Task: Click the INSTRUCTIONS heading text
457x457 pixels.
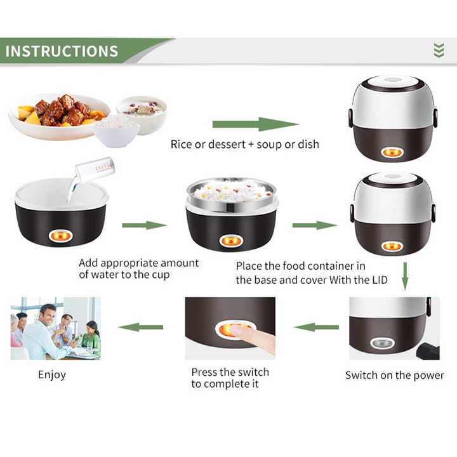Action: tap(62, 51)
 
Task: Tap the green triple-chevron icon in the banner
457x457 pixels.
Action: tap(439, 50)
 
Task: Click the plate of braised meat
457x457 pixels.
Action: tap(59, 116)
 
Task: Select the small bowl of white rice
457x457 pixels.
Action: tap(117, 132)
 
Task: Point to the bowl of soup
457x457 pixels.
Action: tap(142, 113)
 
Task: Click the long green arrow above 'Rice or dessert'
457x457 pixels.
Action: tap(256, 124)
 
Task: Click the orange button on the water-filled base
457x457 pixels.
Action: tap(61, 235)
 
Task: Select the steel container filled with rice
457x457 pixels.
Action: tap(232, 195)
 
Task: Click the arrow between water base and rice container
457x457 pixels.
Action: tap(145, 225)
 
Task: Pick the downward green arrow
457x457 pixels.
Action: tap(405, 276)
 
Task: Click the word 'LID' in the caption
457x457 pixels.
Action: tap(380, 280)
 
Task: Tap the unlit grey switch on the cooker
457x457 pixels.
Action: tap(382, 343)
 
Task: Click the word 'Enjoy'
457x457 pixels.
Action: tap(52, 375)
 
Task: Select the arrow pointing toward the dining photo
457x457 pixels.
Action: tap(141, 327)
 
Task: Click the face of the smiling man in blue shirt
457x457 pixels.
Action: tap(48, 315)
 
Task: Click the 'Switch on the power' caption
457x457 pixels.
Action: tap(395, 375)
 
